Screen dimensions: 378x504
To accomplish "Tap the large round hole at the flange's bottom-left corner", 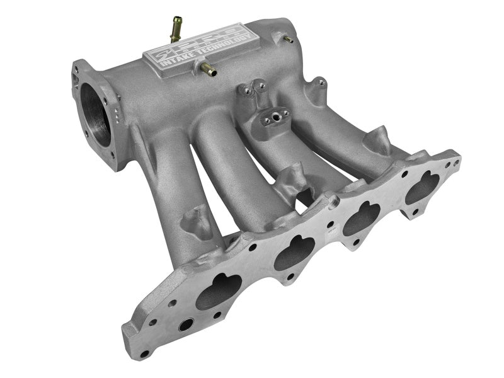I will point(186,326).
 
